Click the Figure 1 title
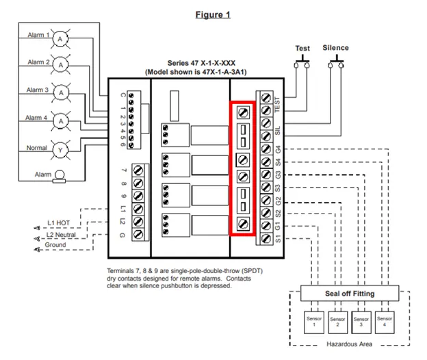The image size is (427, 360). click(x=212, y=14)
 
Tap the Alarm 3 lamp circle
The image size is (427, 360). click(x=61, y=92)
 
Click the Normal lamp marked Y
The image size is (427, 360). click(x=61, y=149)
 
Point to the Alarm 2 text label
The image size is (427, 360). click(x=38, y=62)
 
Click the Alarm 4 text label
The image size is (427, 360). click(x=38, y=118)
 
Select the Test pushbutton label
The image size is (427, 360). click(x=302, y=49)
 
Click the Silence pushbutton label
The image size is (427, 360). click(x=335, y=48)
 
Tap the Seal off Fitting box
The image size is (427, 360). click(x=349, y=294)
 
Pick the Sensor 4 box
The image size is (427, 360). click(x=385, y=321)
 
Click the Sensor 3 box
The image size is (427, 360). click(x=361, y=321)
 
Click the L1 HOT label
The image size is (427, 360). click(x=60, y=223)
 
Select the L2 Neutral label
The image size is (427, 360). click(x=62, y=234)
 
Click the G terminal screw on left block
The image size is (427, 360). click(x=138, y=235)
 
